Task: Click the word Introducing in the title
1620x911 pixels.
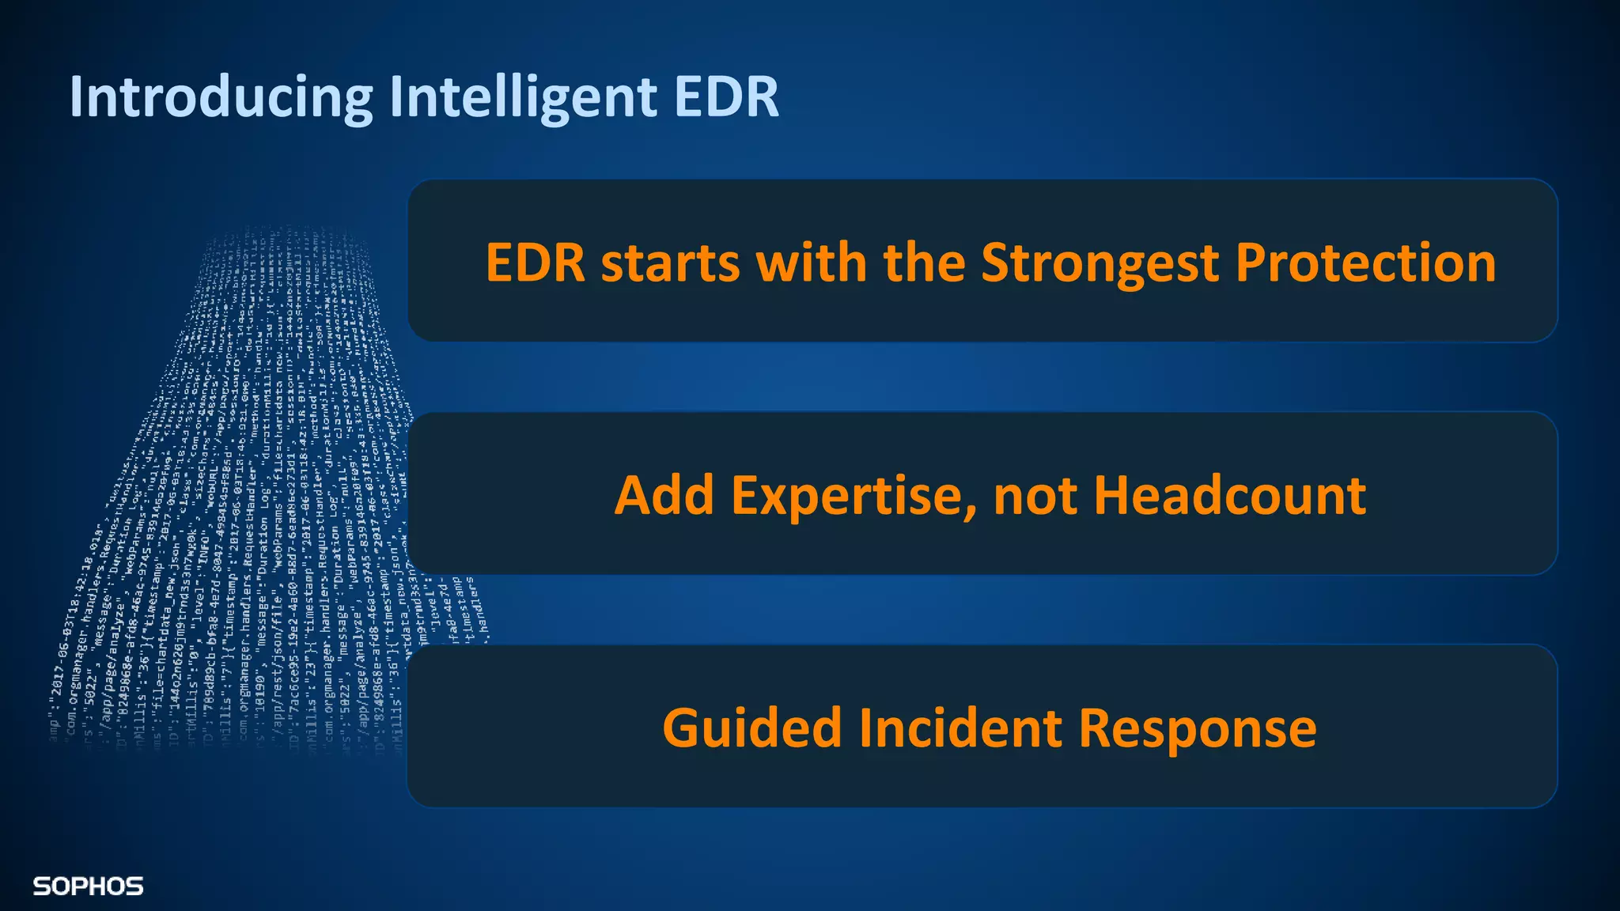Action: click(x=221, y=97)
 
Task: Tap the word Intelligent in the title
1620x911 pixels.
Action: click(x=523, y=97)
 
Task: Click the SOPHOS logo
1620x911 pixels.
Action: click(x=88, y=886)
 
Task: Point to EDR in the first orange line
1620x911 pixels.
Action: click(x=535, y=263)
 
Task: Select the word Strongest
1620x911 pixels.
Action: click(x=1100, y=264)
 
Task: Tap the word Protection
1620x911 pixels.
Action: click(x=1365, y=263)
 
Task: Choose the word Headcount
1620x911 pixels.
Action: click(x=1230, y=496)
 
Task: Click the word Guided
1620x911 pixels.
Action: click(x=751, y=728)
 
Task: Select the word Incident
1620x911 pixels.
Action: click(x=960, y=728)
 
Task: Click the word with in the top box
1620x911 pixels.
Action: click(x=811, y=263)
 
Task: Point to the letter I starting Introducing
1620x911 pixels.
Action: click(x=76, y=97)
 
